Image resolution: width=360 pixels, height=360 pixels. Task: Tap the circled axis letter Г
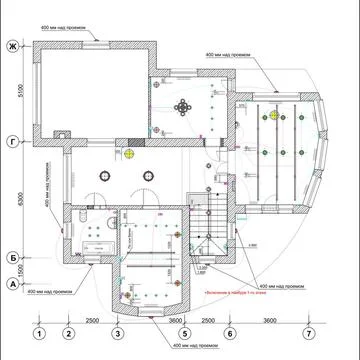pos(13,140)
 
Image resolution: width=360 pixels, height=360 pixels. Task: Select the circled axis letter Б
pos(13,257)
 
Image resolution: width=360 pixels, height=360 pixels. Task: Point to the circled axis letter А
pos(13,283)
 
